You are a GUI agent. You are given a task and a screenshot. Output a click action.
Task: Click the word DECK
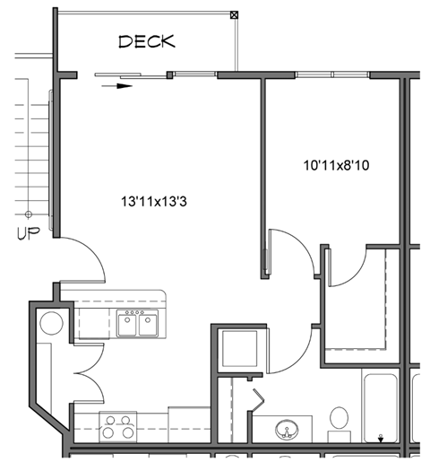[x=146, y=41]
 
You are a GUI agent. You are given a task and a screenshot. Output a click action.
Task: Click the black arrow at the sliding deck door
[x=116, y=86]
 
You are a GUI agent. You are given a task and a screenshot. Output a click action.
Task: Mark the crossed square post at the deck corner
[x=235, y=14]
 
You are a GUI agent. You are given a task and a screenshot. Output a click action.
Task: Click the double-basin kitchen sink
[x=137, y=323]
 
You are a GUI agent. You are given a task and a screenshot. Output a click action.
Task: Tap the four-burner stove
[x=118, y=426]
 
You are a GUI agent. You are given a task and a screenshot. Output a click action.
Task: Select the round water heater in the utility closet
[x=49, y=324]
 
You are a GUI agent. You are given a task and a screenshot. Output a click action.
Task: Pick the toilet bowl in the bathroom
[x=339, y=420]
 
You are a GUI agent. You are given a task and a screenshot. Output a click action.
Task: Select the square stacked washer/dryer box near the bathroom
[x=239, y=348]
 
